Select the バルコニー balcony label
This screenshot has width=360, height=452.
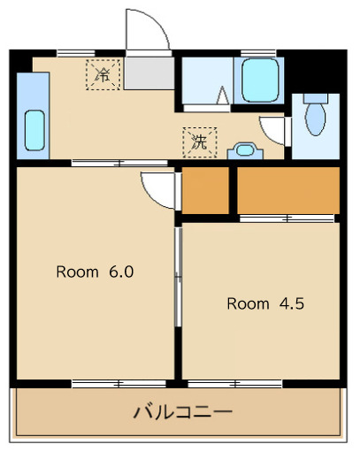pos(183,412)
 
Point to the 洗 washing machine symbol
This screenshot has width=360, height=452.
pos(199,141)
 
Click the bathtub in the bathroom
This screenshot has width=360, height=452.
pos(261,81)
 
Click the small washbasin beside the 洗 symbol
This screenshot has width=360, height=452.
pos(243,150)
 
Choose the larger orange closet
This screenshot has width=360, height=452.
pos(287,189)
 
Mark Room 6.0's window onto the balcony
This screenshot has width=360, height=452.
pos(119,384)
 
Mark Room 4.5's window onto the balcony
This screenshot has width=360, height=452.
pos(234,384)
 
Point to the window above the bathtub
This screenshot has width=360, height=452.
pos(257,53)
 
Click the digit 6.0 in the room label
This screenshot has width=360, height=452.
pos(121,272)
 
